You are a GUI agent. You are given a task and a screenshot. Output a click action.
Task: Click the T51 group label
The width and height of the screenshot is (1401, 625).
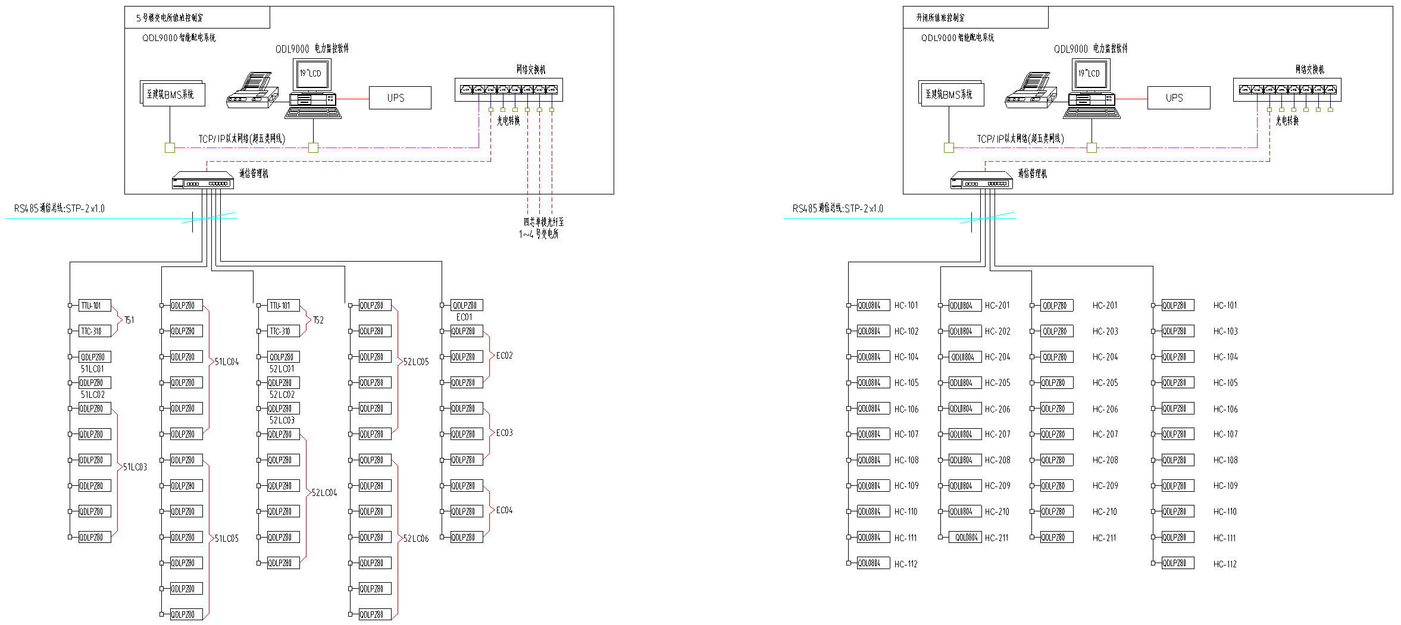point(129,320)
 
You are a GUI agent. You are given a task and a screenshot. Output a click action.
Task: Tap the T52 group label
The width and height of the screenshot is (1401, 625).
point(318,320)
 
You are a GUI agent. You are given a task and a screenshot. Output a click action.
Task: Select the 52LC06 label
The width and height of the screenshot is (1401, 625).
point(416,539)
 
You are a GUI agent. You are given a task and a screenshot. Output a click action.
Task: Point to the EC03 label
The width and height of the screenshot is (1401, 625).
point(504,433)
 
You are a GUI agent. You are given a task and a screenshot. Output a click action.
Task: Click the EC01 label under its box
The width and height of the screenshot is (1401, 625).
point(464,318)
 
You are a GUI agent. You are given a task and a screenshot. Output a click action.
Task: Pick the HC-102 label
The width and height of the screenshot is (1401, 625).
point(906,331)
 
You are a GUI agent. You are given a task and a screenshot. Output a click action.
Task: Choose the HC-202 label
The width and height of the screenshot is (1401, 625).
point(997,331)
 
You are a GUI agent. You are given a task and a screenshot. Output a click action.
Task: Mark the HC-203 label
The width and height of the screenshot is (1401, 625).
point(1105,331)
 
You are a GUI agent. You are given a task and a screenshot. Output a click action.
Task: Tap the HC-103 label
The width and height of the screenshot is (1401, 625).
point(1225,331)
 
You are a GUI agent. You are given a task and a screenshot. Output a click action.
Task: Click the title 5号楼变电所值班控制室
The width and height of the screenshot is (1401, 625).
point(170,18)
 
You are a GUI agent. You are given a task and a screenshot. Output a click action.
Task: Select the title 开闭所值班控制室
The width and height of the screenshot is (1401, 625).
point(940,18)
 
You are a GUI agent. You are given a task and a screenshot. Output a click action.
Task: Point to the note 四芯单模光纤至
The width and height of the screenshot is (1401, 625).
point(543,222)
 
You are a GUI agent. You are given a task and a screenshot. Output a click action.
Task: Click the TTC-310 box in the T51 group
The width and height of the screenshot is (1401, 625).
point(95,331)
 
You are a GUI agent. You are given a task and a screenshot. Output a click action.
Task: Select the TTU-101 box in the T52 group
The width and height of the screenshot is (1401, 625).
point(283,306)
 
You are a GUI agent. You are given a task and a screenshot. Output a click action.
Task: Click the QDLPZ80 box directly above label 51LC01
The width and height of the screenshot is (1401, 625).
point(95,357)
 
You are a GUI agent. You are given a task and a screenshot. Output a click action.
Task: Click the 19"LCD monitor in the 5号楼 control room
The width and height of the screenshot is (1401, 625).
point(311,74)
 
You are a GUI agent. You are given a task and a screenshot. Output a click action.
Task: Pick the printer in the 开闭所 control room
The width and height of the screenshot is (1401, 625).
point(1031,91)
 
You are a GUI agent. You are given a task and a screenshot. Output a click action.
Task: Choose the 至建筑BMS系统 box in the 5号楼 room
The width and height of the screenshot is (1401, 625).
point(173,94)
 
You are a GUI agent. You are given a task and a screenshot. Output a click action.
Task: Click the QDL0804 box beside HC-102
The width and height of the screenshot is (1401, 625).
point(873,331)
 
